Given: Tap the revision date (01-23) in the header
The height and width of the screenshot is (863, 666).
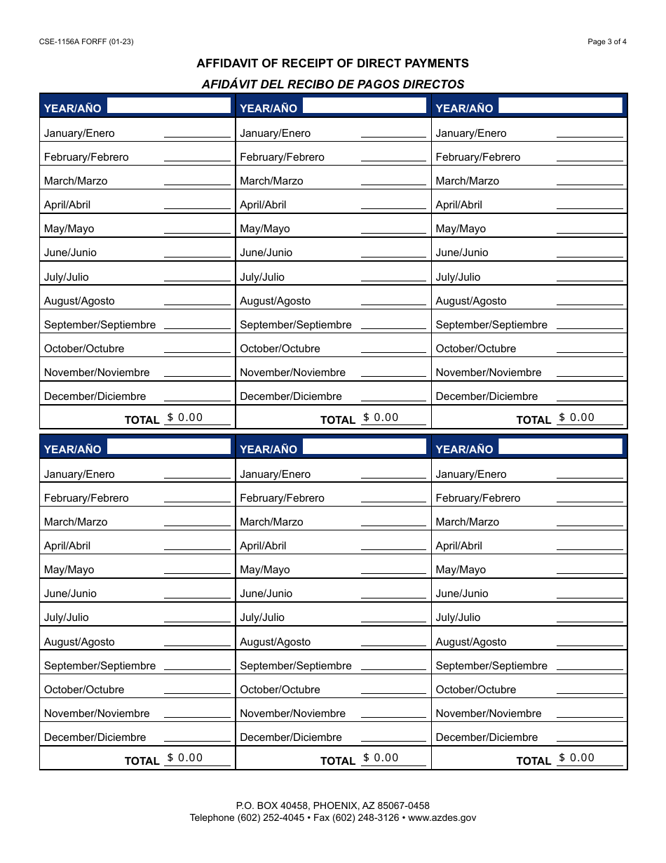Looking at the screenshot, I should pos(121,41).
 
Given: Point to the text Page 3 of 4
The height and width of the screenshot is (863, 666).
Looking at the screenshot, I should pos(607,41).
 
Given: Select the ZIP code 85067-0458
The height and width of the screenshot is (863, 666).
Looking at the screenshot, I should pos(403,805).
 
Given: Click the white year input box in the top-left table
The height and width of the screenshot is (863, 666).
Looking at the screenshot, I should pos(168,106).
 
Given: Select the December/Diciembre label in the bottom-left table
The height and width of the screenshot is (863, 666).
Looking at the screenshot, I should pos(95,737).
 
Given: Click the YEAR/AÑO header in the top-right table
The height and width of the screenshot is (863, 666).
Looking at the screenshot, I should pos(464,108).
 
